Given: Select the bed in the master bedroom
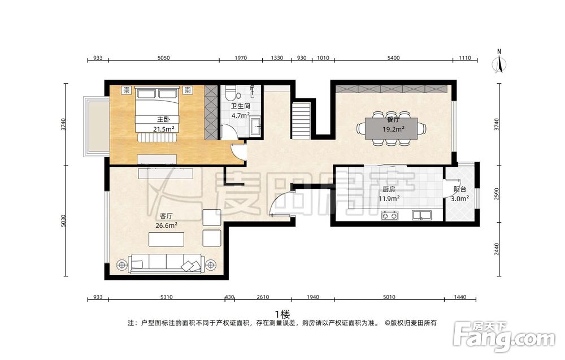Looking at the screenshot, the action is (157, 109).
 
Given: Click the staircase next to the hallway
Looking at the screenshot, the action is (301, 120).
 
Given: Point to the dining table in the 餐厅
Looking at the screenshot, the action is (391, 128).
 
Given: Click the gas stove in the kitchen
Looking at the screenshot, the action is (390, 215).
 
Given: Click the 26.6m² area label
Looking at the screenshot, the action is (166, 225).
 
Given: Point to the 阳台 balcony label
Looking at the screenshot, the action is (460, 189).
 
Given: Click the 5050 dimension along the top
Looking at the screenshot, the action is (164, 58).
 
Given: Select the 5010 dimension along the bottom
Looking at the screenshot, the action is (389, 297).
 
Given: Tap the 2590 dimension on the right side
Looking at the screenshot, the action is (497, 194).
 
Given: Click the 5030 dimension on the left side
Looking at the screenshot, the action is (63, 220).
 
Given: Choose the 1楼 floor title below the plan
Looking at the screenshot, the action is (282, 314).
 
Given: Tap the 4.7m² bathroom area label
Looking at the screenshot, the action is (241, 116).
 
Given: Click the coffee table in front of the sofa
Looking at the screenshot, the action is (167, 239).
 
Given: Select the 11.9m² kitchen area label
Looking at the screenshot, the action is (389, 198).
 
